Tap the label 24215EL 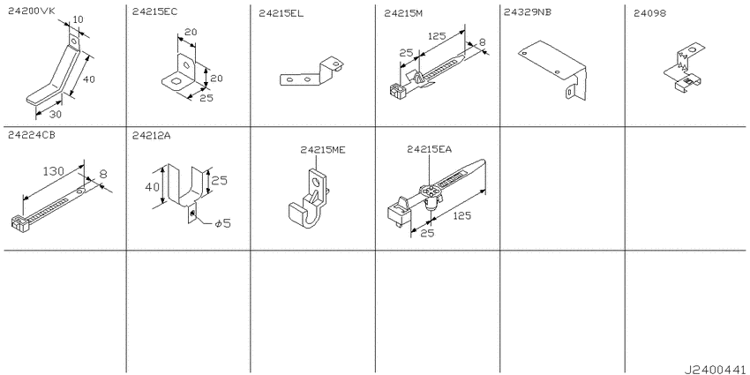pyautogui.click(x=281, y=13)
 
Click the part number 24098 pyautogui.click(x=650, y=12)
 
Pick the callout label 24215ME pyautogui.click(x=322, y=150)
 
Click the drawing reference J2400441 pyautogui.click(x=713, y=367)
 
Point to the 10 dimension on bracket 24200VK pyautogui.click(x=78, y=19)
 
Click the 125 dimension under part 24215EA pyautogui.click(x=461, y=215)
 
